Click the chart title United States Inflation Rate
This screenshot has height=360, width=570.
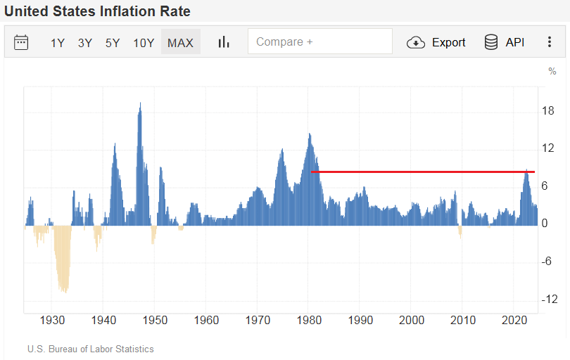pyautogui.click(x=97, y=12)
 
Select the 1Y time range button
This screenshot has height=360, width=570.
pyautogui.click(x=58, y=42)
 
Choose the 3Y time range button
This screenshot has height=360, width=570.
pyautogui.click(x=85, y=42)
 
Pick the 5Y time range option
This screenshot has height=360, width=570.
pyautogui.click(x=113, y=42)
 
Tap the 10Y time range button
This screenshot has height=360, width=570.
pyautogui.click(x=144, y=42)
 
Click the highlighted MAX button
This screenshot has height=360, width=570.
pyautogui.click(x=180, y=42)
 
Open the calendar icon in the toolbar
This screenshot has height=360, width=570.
pyautogui.click(x=21, y=42)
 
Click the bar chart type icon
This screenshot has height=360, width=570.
pyautogui.click(x=224, y=42)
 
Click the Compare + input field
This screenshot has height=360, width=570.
pyautogui.click(x=319, y=41)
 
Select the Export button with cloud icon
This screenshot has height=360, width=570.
pyautogui.click(x=436, y=42)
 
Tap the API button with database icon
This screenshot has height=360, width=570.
pyautogui.click(x=505, y=42)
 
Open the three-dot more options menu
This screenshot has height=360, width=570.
pyautogui.click(x=550, y=42)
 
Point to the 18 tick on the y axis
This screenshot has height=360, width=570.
pyautogui.click(x=548, y=111)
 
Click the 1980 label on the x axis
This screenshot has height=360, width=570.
pyautogui.click(x=309, y=320)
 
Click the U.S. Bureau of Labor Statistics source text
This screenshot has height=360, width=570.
pyautogui.click(x=90, y=349)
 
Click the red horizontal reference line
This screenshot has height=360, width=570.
pyautogui.click(x=422, y=172)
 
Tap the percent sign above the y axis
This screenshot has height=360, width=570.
pyautogui.click(x=552, y=71)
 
